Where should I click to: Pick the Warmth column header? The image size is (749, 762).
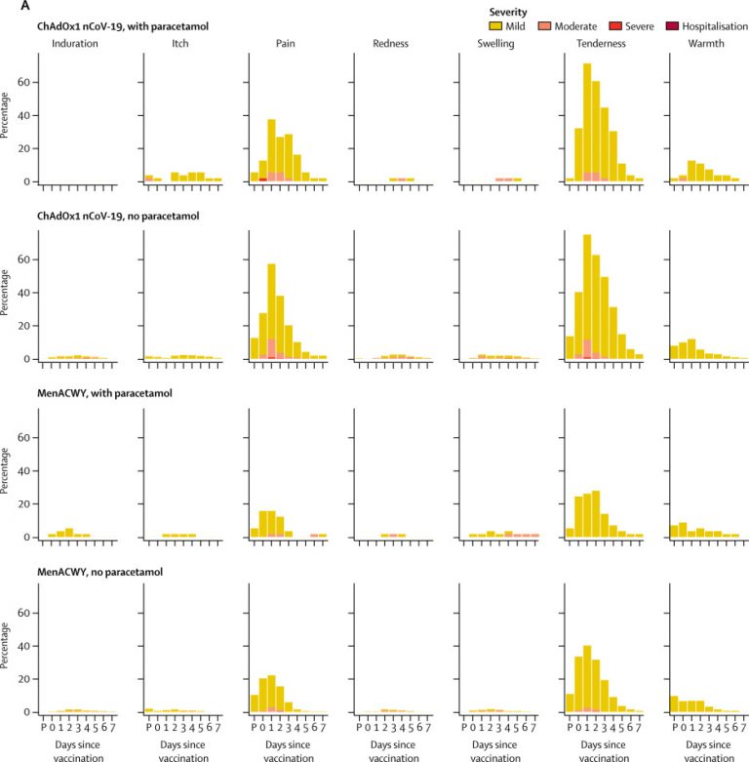tap(708, 43)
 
